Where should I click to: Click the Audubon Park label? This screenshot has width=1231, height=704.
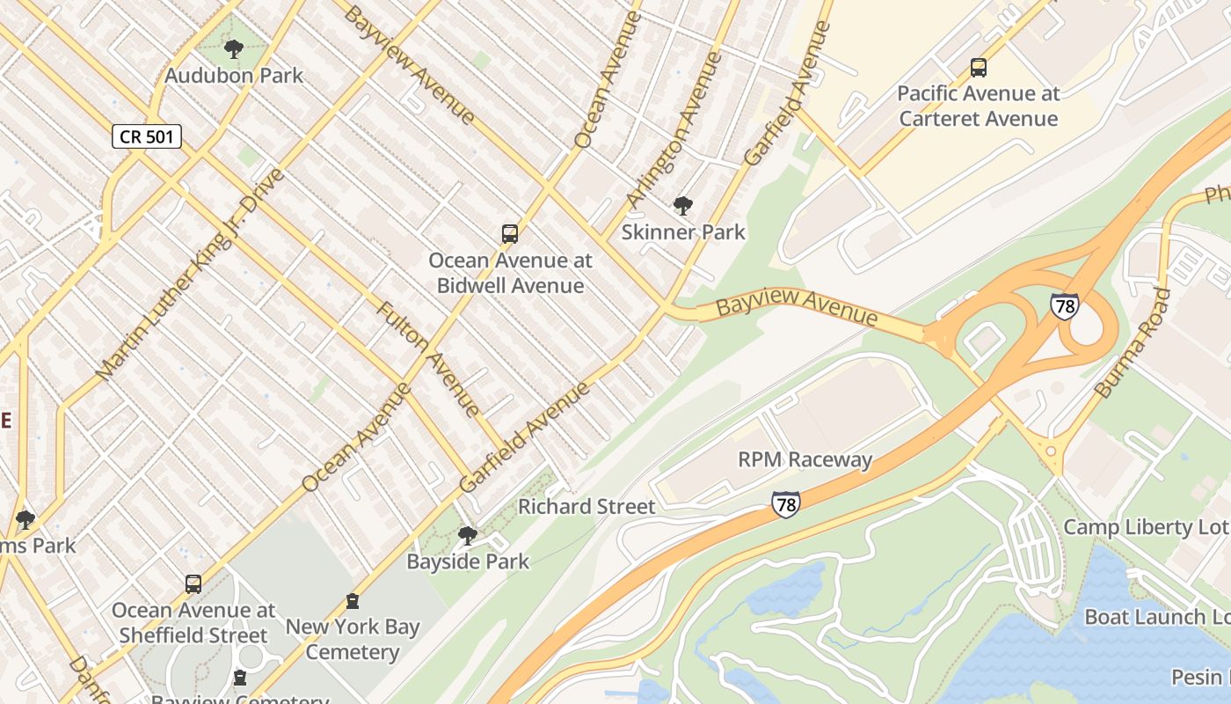point(234,76)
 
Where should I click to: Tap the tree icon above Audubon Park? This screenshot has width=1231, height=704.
point(234,49)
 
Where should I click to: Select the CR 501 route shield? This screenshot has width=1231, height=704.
point(147,136)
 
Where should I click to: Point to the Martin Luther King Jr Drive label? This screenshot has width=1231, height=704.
point(190,275)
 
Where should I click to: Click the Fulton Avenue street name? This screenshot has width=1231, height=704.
point(428,358)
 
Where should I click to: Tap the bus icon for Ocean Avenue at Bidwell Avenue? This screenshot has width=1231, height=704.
point(510,234)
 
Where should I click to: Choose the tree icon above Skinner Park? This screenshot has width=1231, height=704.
point(682,207)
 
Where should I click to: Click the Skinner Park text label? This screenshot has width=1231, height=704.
point(683,232)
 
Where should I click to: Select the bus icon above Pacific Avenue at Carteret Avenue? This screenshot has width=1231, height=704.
point(978,68)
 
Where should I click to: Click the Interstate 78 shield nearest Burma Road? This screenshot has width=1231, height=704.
point(1064,306)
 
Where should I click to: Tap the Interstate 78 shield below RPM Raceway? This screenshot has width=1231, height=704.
point(786,504)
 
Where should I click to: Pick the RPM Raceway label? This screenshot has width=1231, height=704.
point(805,459)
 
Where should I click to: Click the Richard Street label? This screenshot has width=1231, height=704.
point(586,507)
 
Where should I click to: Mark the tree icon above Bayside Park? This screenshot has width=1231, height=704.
point(468,535)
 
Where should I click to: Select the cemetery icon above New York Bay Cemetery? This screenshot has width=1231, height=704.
point(353,602)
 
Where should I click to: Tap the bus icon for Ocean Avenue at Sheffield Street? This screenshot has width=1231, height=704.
point(193,584)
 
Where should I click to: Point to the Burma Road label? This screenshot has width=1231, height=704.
point(1133,343)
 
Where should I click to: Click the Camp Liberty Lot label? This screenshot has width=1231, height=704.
point(1146,527)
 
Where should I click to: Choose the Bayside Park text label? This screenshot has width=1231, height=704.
point(468,561)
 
